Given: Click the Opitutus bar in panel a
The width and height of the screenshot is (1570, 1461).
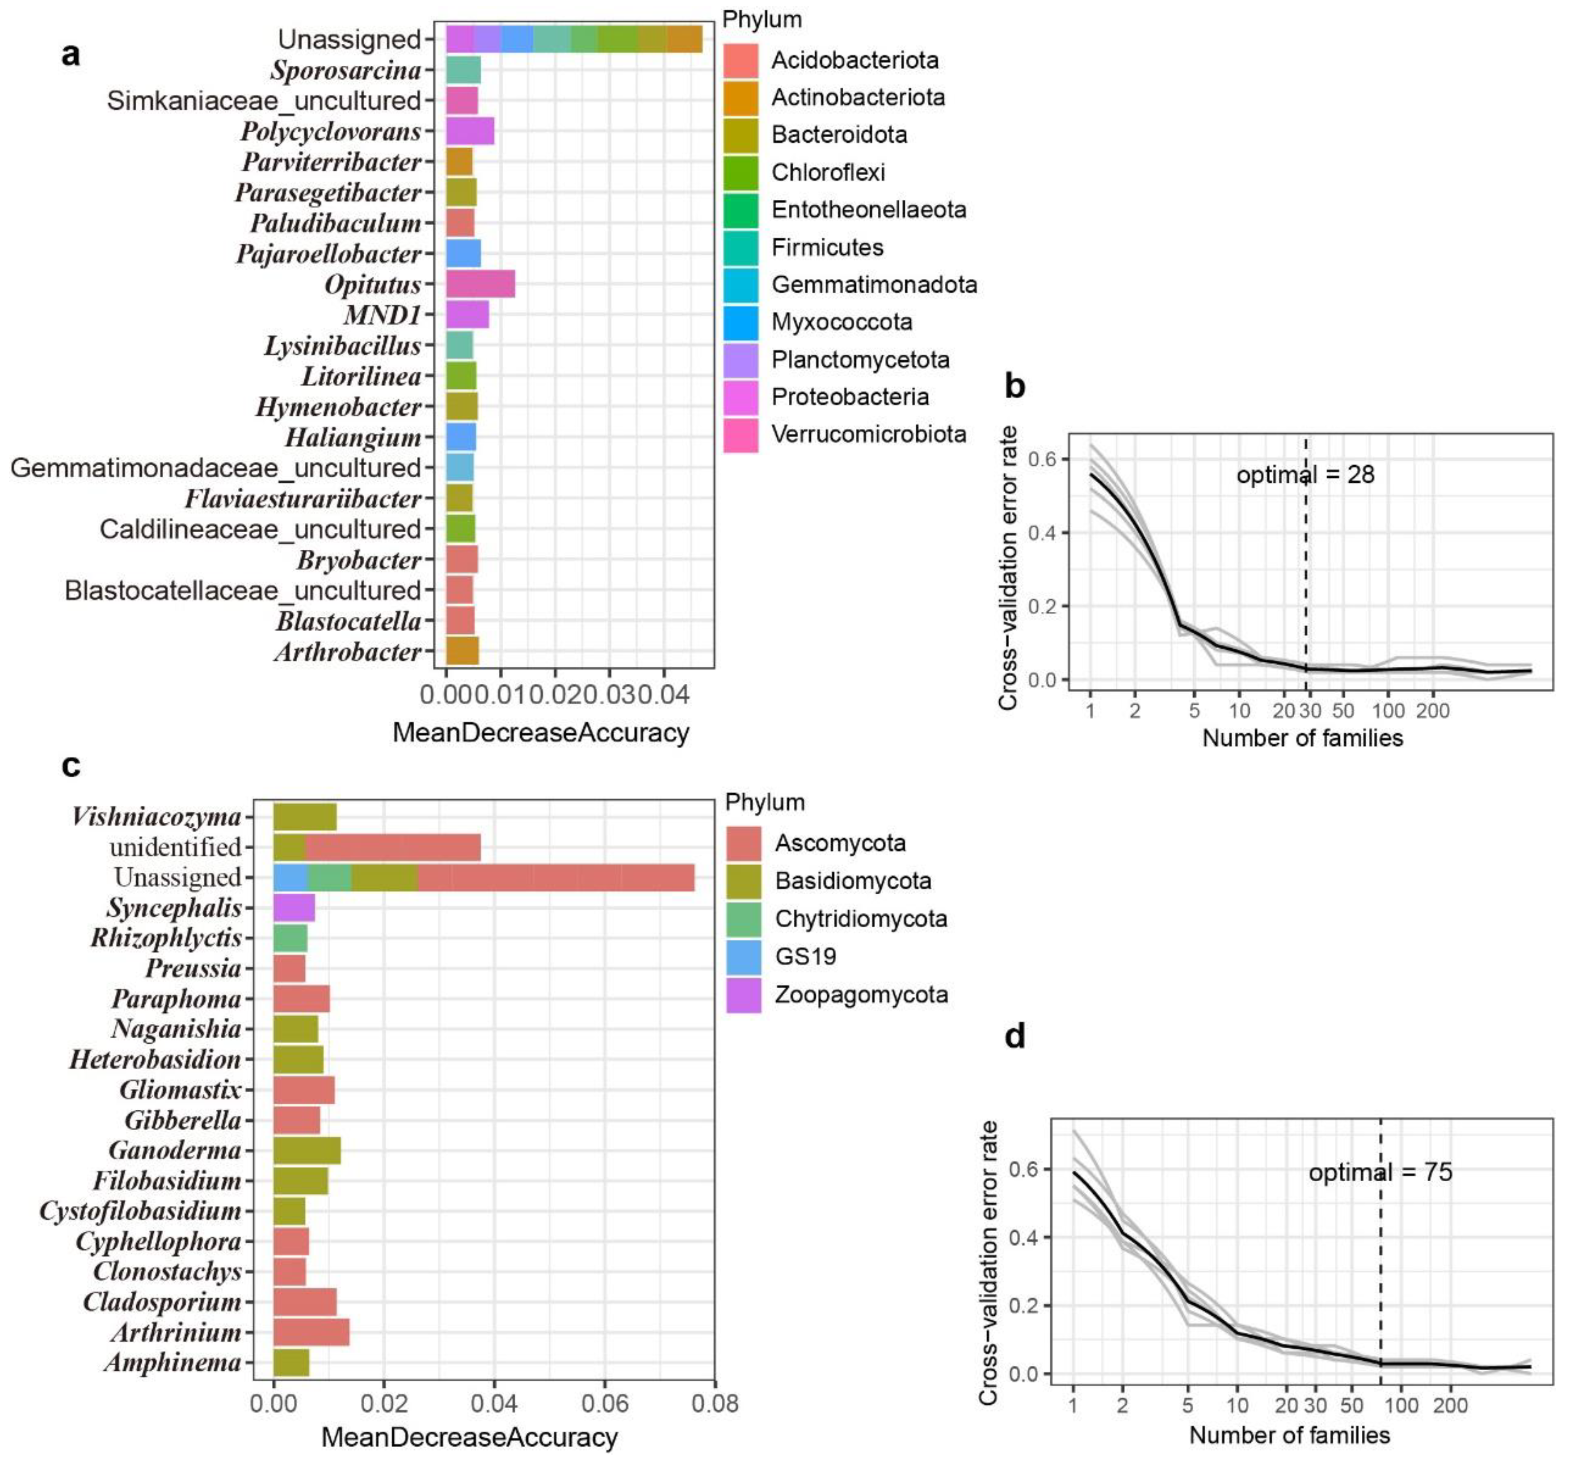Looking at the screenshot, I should pyautogui.click(x=480, y=284).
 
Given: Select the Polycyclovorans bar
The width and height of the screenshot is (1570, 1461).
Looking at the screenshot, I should pyautogui.click(x=470, y=131).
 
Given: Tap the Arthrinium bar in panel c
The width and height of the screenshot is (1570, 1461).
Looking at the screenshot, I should pyautogui.click(x=311, y=1332).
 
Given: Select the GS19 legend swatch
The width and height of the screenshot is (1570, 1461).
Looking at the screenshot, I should pyautogui.click(x=743, y=956).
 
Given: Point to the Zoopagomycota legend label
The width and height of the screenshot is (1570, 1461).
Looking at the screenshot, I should pyautogui.click(x=861, y=994).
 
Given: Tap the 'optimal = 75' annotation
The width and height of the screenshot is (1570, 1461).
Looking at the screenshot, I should pyautogui.click(x=1380, y=1172).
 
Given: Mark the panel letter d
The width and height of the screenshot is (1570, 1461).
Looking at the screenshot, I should pyautogui.click(x=1015, y=1036).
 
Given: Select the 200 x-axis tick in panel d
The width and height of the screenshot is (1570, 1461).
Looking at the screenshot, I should pyautogui.click(x=1450, y=1406).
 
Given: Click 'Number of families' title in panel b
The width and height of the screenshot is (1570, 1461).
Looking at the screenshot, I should pyautogui.click(x=1302, y=738).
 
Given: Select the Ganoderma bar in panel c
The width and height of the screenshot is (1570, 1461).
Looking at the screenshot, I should pyautogui.click(x=307, y=1151).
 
